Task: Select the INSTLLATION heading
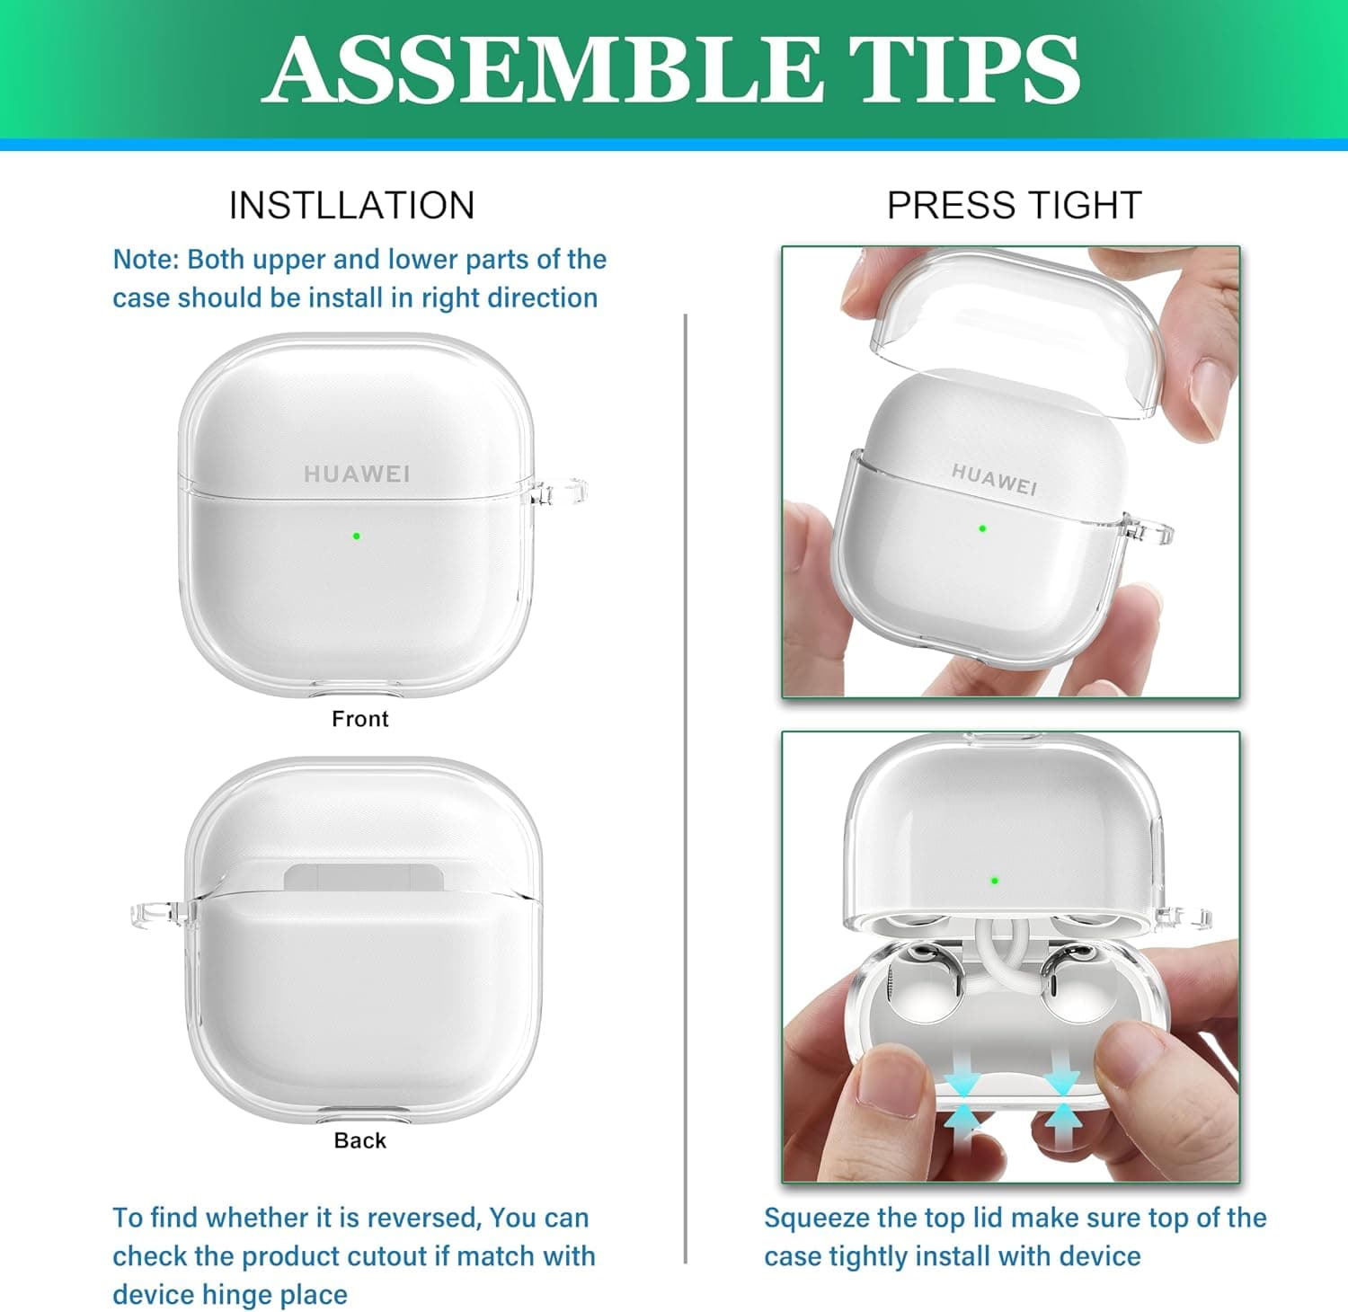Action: [351, 205]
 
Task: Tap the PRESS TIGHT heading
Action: [1014, 205]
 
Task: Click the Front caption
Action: [359, 719]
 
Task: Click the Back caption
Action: [359, 1140]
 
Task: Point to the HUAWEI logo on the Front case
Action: [357, 474]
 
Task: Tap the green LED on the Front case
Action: [357, 536]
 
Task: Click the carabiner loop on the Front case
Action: [560, 492]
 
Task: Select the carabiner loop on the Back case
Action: [163, 914]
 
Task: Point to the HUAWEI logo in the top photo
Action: [994, 479]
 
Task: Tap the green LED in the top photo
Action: [982, 528]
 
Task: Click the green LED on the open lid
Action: [994, 881]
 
